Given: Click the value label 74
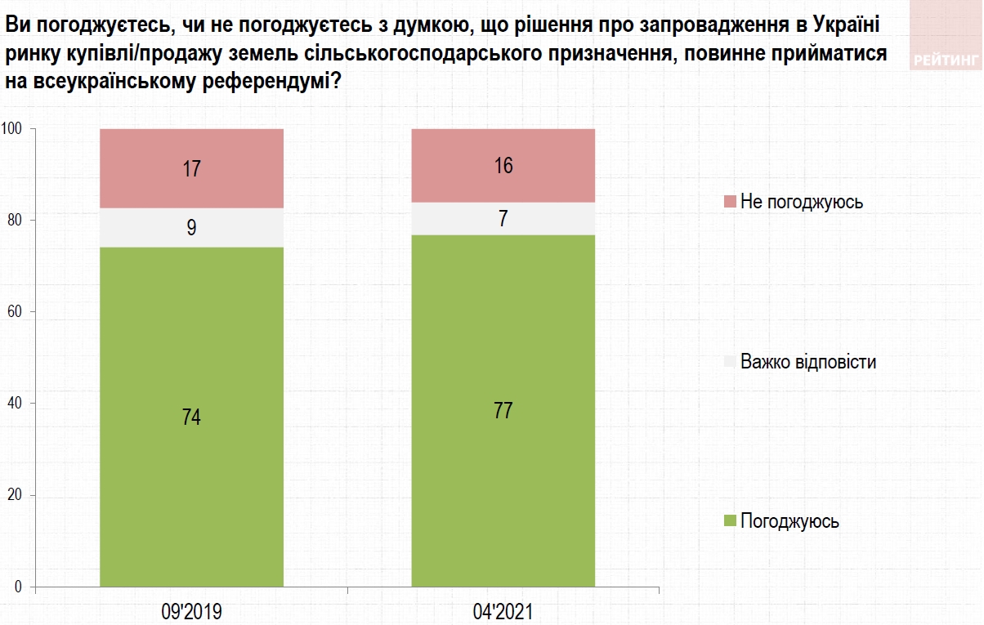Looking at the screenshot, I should click(191, 417).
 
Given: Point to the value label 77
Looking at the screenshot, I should click(503, 410).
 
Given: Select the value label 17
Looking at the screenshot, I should click(191, 170).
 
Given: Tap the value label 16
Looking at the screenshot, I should click(503, 166).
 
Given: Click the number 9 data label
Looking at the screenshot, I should click(191, 228).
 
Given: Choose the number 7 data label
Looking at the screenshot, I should click(503, 219).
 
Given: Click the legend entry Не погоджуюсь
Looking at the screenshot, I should click(801, 201).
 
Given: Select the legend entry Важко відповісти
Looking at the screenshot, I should click(807, 361).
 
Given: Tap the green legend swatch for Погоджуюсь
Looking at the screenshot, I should click(729, 521).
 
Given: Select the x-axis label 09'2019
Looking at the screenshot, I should click(191, 610).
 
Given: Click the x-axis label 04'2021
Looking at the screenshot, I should click(503, 610).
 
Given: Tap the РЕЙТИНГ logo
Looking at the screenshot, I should click(946, 59).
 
